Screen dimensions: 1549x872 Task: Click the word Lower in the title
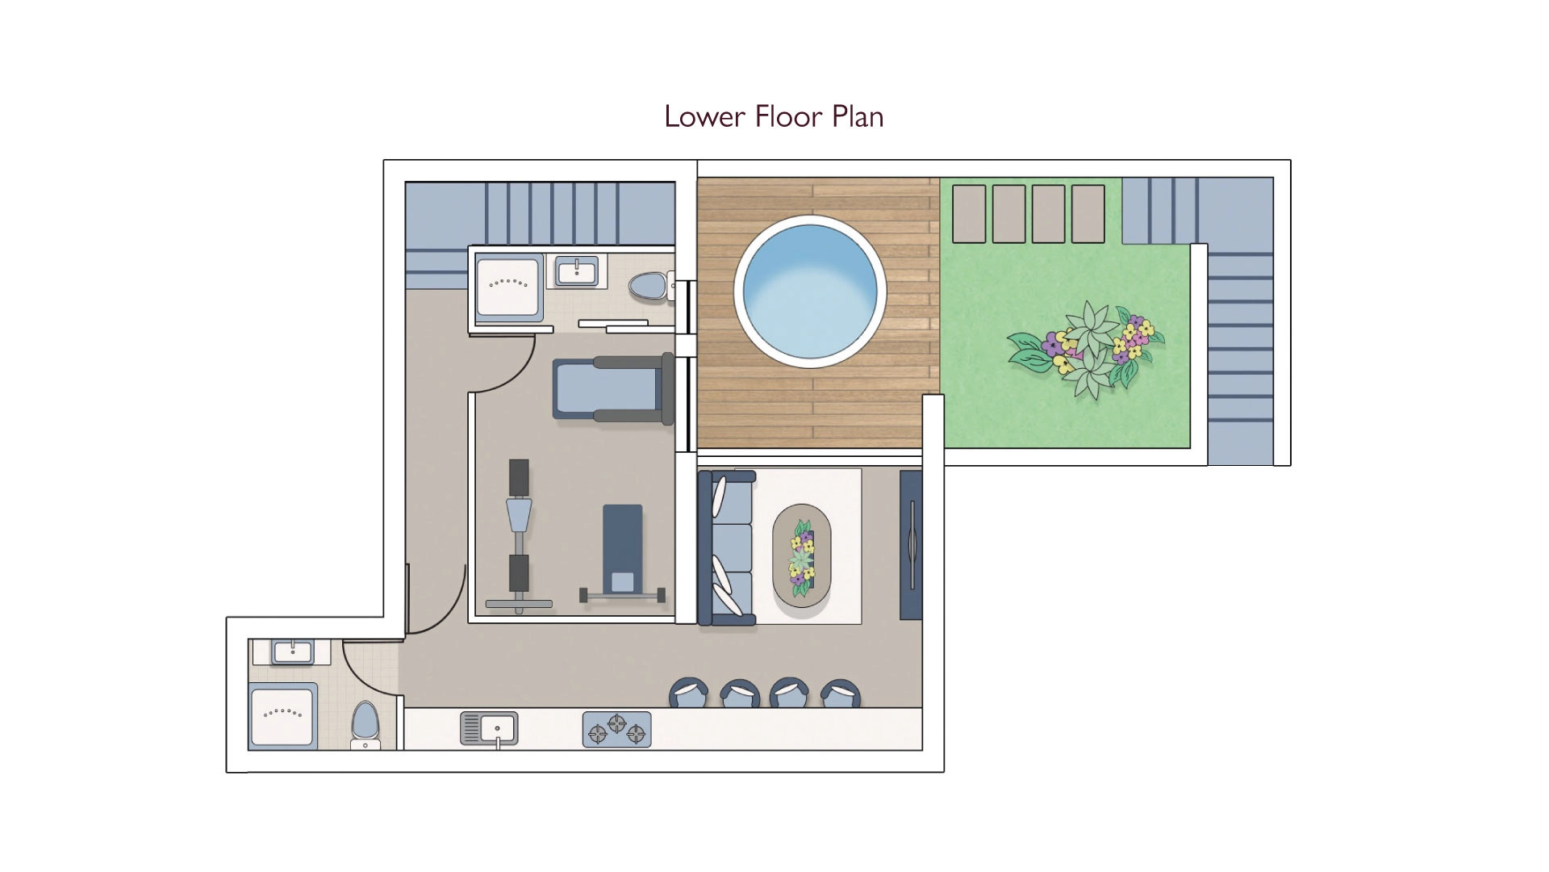[x=704, y=117]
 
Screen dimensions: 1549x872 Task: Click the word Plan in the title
[x=858, y=117]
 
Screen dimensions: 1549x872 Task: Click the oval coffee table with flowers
[x=801, y=556]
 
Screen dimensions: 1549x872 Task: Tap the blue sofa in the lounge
[x=726, y=548]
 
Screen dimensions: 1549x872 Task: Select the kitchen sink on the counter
[x=489, y=728]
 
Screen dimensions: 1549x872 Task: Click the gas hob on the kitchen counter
[x=616, y=729]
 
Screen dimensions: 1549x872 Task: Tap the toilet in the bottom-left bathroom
[x=365, y=723]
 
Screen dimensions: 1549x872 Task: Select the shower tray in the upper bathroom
[x=509, y=287]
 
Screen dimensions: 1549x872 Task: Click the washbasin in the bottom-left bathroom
[x=292, y=652]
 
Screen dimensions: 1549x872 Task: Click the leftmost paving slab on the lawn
[x=969, y=214]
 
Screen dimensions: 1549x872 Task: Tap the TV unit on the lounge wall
[x=911, y=545]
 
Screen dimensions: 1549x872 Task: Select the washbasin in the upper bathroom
[x=576, y=270]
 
